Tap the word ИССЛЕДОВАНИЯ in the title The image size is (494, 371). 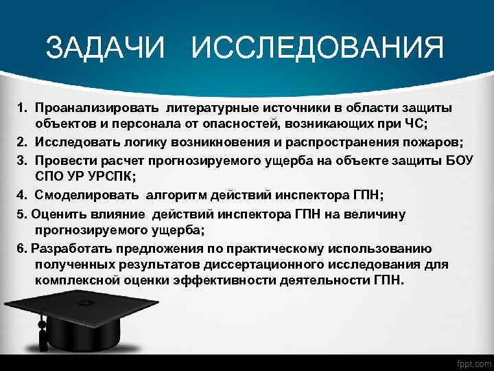[318, 48]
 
